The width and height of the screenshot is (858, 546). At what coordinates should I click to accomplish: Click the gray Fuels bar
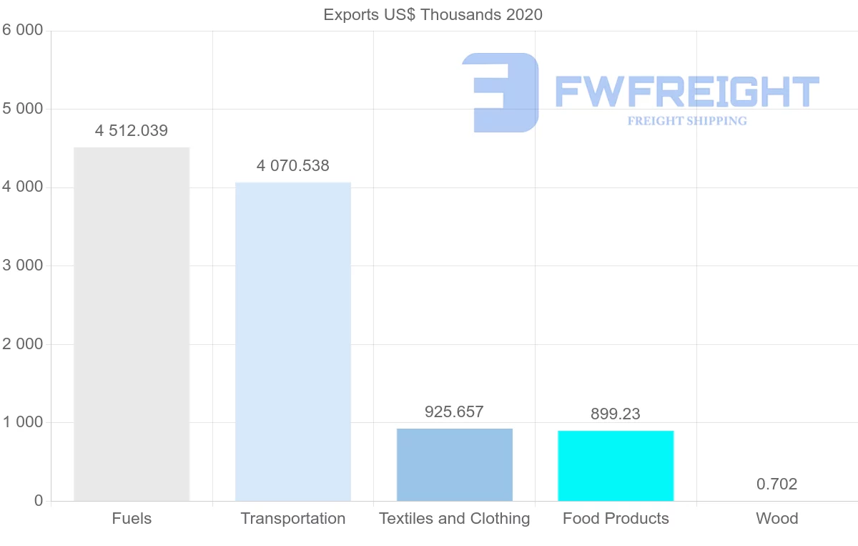pos(132,324)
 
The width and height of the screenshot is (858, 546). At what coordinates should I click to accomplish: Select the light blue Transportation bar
pos(293,341)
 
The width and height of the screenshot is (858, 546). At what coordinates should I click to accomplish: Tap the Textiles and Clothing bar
pos(455,464)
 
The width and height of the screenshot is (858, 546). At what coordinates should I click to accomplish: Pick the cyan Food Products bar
pos(616,465)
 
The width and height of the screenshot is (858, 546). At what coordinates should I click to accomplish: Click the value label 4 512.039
pos(132,131)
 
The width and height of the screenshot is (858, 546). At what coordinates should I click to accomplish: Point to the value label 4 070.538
pos(293,166)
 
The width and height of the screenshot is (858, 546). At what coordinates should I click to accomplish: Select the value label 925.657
pos(454,412)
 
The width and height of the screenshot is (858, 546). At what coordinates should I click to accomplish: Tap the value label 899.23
pos(616,414)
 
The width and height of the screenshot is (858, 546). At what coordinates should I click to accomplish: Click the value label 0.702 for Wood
pos(776,484)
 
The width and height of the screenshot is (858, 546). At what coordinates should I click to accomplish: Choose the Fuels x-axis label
pos(132,519)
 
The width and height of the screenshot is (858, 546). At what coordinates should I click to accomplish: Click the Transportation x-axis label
pos(293,519)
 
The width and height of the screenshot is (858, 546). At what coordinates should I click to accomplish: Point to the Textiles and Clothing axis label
pos(455,519)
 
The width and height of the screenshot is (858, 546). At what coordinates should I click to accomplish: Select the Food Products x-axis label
pos(616,519)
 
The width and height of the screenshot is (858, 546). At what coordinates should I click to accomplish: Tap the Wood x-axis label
pos(777,519)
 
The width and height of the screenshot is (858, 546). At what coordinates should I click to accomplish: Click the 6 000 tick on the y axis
pos(22,30)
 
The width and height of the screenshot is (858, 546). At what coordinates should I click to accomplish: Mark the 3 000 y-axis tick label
pos(22,265)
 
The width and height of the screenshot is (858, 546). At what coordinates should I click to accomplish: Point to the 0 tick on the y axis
pos(38,501)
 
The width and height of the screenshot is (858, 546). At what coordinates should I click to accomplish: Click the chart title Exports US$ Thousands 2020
pos(433,14)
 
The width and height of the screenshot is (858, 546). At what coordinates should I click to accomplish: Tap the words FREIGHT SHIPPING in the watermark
pos(687,121)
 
